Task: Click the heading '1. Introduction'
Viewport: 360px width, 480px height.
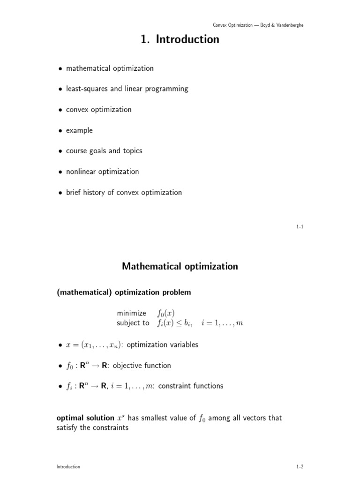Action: (180, 40)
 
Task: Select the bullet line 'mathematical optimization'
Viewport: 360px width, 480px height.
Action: (110, 68)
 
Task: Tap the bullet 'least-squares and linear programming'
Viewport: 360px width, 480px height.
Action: (127, 89)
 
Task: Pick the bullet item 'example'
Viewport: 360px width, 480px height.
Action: (79, 130)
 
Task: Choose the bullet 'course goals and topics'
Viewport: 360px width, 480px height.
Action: (104, 151)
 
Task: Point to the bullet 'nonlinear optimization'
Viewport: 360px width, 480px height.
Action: (102, 172)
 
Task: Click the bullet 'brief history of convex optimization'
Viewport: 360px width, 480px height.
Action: (124, 192)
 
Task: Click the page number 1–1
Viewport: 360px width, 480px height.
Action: (300, 227)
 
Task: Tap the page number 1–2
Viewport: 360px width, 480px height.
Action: (300, 467)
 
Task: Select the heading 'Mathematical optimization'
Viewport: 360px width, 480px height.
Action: (180, 267)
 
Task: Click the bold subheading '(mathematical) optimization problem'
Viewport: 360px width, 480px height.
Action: (124, 292)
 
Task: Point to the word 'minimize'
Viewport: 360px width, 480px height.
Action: (131, 313)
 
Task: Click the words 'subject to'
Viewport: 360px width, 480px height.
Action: (133, 323)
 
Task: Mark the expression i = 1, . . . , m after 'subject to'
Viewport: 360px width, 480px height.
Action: (222, 323)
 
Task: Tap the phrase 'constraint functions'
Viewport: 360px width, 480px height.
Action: (191, 386)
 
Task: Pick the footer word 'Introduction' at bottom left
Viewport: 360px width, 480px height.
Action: (68, 467)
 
